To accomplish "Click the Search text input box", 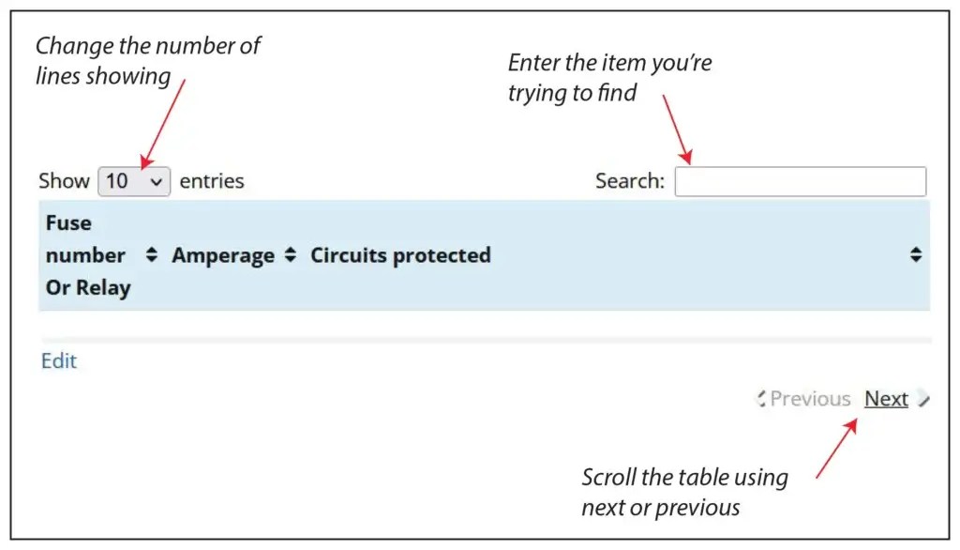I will point(800,181).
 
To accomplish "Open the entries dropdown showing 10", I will point(134,181).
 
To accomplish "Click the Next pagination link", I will point(886,399).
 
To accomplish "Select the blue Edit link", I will point(59,361).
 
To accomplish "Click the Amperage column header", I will point(223,255).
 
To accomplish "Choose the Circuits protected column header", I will point(400,255).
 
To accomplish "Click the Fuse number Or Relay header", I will point(85,255).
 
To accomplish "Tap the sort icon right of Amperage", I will point(291,255).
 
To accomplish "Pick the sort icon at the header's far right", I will point(916,254).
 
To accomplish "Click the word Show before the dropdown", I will point(64,181).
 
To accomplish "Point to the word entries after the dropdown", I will point(212,181).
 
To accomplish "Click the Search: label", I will point(630,181).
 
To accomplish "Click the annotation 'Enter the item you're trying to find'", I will point(609,78).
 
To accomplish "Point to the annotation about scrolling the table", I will point(684,492).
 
